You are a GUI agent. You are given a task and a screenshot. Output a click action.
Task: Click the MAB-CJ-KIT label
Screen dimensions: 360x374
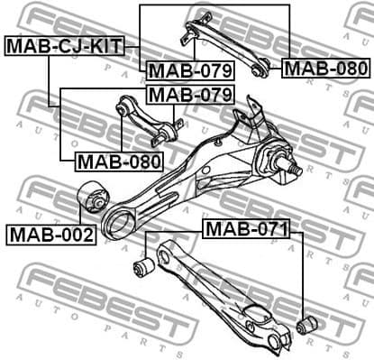(64, 45)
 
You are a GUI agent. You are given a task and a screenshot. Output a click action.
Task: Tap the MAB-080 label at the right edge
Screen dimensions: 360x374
(325, 68)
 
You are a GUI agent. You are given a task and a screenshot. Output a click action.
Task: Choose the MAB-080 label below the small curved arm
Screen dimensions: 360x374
(118, 162)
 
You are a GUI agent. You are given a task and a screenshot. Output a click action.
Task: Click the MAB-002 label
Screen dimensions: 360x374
(51, 235)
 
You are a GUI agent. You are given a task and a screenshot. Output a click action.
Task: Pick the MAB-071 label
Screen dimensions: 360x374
(246, 229)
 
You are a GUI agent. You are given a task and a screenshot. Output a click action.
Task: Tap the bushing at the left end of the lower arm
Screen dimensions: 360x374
(142, 266)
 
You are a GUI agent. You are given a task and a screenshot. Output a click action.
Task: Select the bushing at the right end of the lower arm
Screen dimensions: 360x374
(306, 323)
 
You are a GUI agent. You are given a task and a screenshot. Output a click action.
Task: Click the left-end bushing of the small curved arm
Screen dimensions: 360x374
(123, 109)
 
